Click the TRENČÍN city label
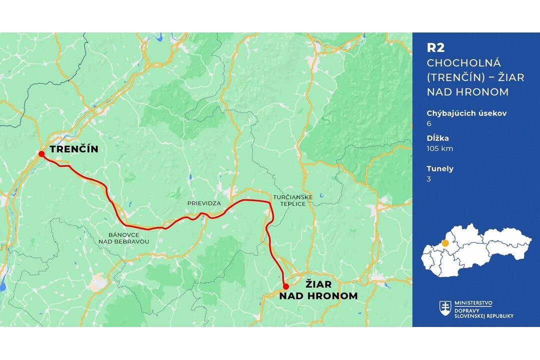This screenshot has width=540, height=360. point(73,149)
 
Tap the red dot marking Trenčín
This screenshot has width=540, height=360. point(41,154)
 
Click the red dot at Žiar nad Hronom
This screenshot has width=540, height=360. point(285,286)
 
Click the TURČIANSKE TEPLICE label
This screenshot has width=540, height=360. point(293,200)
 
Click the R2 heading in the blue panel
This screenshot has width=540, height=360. point(435,47)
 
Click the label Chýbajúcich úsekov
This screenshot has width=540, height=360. point(466,113)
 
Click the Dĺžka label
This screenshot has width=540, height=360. point(437,138)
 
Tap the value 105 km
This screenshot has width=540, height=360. point(440,148)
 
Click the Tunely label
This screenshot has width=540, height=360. point(440,168)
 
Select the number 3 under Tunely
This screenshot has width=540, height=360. point(429,178)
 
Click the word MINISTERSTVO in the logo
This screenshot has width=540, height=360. point(473,303)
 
